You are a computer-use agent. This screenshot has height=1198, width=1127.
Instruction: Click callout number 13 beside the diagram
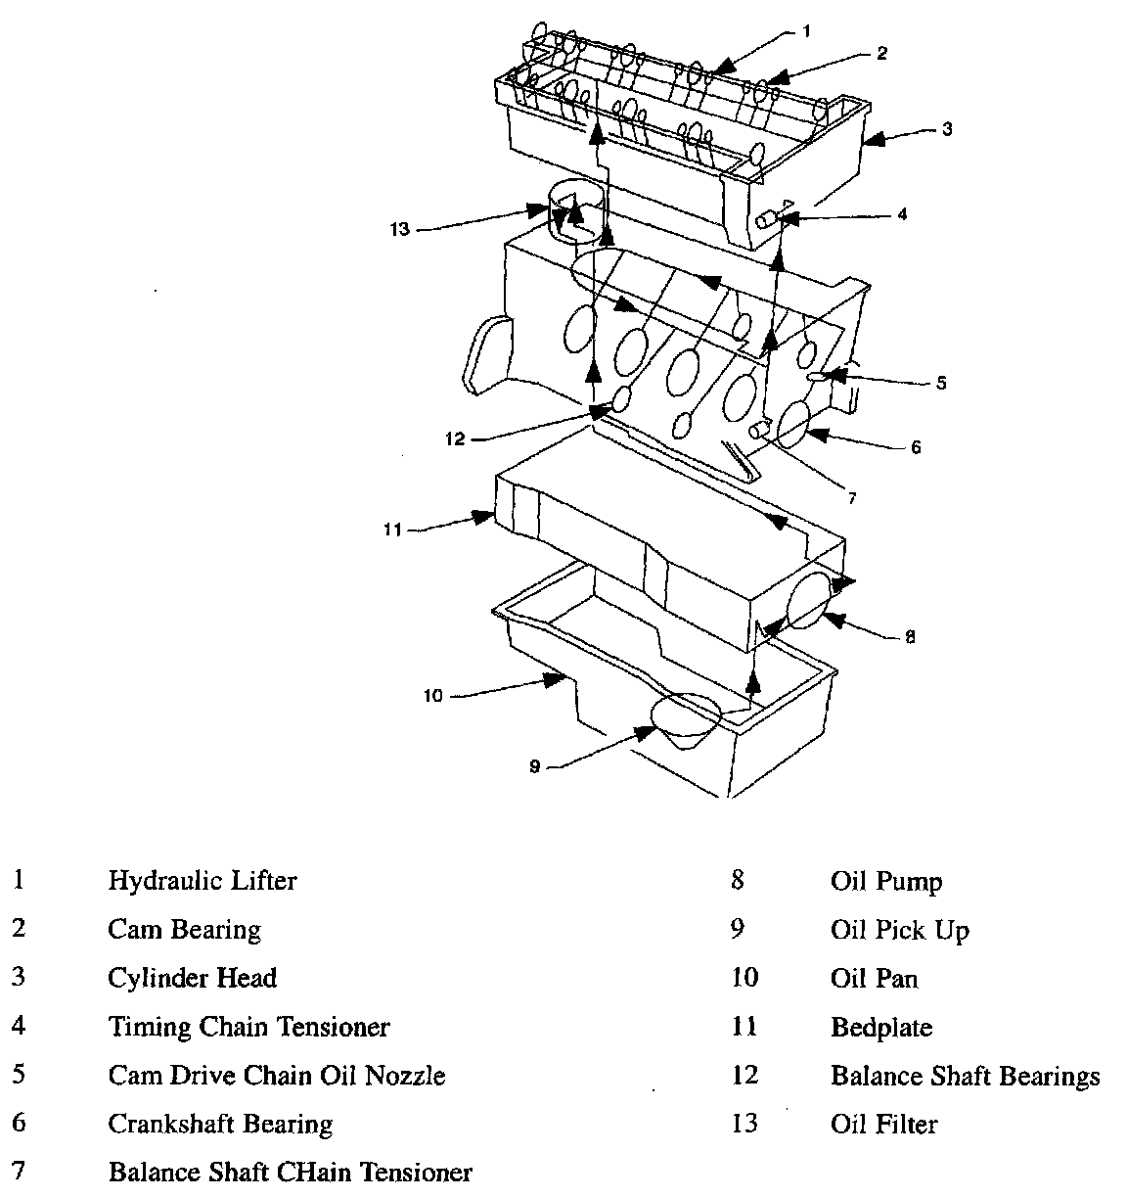pyautogui.click(x=400, y=229)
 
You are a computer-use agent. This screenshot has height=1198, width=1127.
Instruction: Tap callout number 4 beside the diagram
pyautogui.click(x=902, y=214)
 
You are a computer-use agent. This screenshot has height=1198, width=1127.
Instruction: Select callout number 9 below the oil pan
pyautogui.click(x=535, y=766)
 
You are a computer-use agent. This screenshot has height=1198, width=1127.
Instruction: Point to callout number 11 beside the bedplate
pyautogui.click(x=392, y=530)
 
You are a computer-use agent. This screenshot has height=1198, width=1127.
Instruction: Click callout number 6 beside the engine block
pyautogui.click(x=916, y=447)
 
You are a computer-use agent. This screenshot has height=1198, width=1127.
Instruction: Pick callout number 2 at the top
pyautogui.click(x=881, y=53)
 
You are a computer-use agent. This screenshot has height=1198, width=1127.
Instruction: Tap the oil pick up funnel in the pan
pyautogui.click(x=686, y=720)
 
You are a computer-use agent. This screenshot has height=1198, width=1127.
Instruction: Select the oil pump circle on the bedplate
pyautogui.click(x=810, y=600)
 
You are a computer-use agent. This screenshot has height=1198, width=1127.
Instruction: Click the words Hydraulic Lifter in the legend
pyautogui.click(x=202, y=881)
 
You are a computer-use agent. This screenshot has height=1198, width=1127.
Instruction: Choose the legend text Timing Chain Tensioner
pyautogui.click(x=248, y=1028)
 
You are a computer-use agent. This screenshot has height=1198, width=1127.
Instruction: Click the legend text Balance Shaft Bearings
pyautogui.click(x=966, y=1077)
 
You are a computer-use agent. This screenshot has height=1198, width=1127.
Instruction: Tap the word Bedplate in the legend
pyautogui.click(x=881, y=1028)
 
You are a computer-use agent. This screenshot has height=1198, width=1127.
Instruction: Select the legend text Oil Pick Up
pyautogui.click(x=900, y=930)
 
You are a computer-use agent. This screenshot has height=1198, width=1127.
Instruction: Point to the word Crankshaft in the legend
pyautogui.click(x=170, y=1124)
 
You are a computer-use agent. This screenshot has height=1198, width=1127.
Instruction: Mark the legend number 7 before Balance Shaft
pyautogui.click(x=19, y=1171)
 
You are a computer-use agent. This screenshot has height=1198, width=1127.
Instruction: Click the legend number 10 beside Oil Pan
pyautogui.click(x=744, y=978)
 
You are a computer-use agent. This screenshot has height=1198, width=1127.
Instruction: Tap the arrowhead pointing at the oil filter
pyautogui.click(x=537, y=210)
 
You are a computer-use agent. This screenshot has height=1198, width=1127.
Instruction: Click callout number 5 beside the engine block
pyautogui.click(x=941, y=383)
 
